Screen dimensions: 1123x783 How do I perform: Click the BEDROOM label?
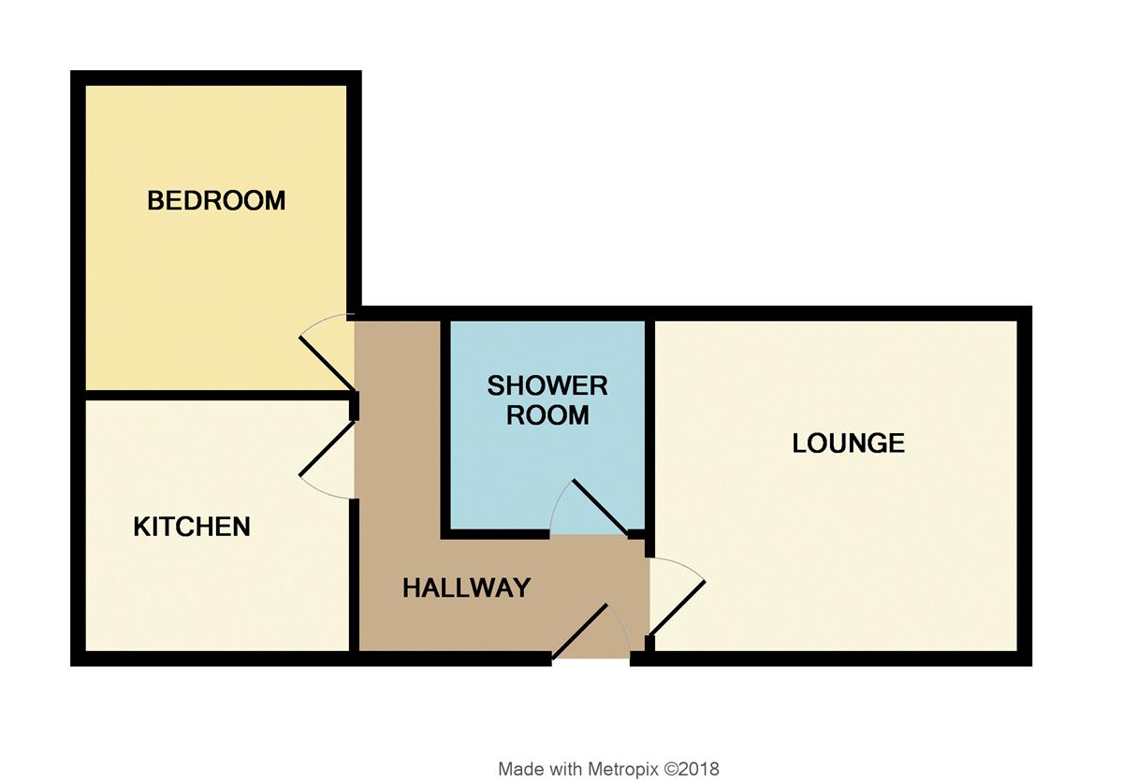click(x=216, y=200)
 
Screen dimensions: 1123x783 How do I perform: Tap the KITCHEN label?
click(x=192, y=527)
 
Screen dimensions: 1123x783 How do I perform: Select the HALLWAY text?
click(x=466, y=587)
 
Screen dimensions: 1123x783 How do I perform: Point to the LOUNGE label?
click(x=848, y=443)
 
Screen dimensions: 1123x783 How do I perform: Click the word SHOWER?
click(x=547, y=386)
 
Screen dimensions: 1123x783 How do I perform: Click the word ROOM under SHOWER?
click(x=547, y=415)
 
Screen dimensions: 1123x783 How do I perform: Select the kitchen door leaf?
click(x=327, y=449)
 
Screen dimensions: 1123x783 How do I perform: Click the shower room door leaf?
click(x=600, y=507)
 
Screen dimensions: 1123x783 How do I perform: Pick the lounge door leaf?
click(x=678, y=609)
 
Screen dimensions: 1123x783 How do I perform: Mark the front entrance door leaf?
click(x=579, y=631)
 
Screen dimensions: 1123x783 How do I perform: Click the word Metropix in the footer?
click(x=623, y=768)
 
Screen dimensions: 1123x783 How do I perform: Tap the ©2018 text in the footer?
click(x=692, y=768)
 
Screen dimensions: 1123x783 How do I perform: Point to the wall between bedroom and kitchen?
click(x=216, y=395)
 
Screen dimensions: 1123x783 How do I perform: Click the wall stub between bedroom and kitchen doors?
click(x=354, y=406)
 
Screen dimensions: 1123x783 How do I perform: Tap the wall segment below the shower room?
click(x=495, y=534)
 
